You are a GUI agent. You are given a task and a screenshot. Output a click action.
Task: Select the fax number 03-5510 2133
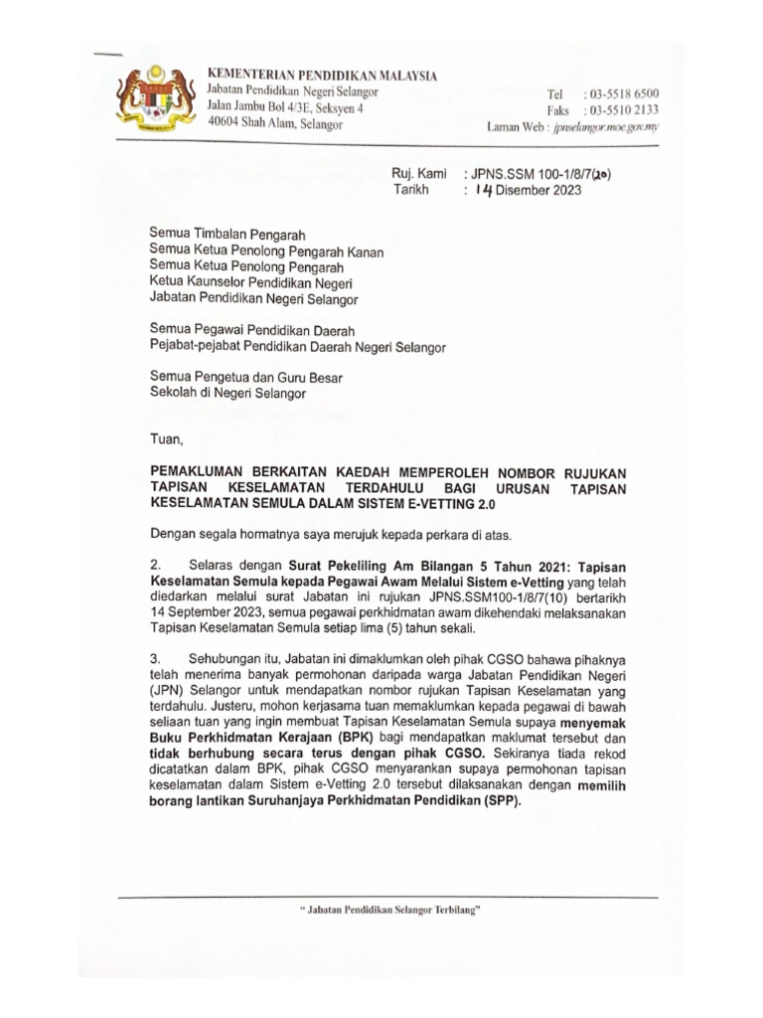point(623,110)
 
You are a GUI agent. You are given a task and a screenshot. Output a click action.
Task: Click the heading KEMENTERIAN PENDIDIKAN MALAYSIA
point(320,76)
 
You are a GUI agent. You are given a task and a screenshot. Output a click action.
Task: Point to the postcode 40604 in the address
point(224,125)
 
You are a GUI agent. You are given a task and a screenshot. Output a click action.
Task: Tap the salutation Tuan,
point(166,437)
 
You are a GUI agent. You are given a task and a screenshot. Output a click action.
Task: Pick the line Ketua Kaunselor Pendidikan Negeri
point(252,280)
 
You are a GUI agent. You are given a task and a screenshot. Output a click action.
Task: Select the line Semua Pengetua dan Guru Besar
point(245,376)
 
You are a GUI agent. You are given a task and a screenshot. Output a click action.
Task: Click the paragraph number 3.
point(154,659)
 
